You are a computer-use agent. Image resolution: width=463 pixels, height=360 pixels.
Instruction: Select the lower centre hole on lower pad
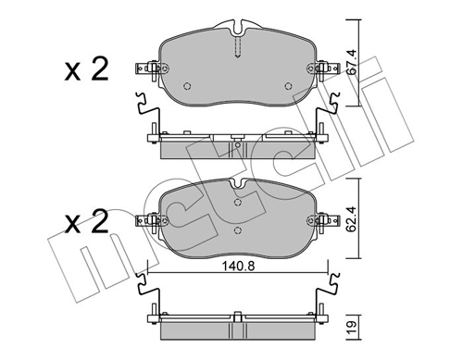pyautogui.click(x=238, y=230)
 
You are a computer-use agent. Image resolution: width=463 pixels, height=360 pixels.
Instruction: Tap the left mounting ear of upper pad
pyautogui.click(x=147, y=68)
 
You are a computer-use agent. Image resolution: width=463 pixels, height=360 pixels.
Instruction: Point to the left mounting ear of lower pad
pyautogui.click(x=147, y=220)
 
